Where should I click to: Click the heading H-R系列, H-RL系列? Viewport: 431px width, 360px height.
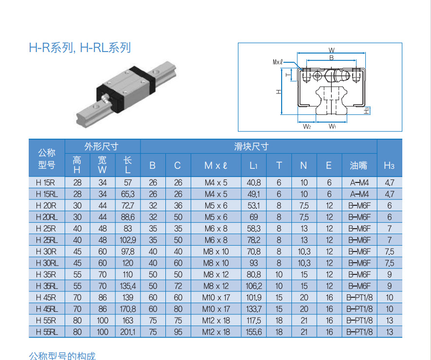point(80,48)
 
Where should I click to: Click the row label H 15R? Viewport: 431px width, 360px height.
point(46,183)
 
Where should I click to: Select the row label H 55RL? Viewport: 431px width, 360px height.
point(46,332)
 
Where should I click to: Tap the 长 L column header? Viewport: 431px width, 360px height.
point(127,165)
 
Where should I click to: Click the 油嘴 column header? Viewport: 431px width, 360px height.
point(359,165)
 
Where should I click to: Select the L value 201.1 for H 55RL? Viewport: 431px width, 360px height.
point(127,332)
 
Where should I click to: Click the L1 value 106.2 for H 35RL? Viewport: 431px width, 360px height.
point(254,286)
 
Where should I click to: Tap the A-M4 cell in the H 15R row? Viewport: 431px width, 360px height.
point(359,183)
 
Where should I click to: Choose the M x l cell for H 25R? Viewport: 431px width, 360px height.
point(215,229)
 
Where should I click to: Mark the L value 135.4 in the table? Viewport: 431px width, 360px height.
point(127,286)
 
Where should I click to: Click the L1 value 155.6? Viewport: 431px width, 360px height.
point(254,332)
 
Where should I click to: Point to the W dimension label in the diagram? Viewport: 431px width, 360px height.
point(331,50)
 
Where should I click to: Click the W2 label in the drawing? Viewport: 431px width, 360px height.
point(306,126)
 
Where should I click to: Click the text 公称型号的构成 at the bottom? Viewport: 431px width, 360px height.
point(62,356)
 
